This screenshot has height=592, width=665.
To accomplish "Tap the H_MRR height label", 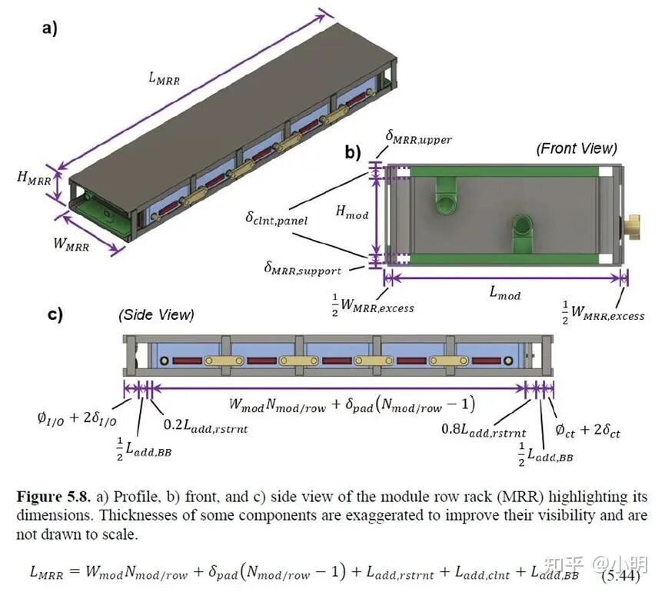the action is pos(34,178).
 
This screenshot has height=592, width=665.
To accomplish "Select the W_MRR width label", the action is pos(71,244).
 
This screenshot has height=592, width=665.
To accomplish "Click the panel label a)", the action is pos(49,29).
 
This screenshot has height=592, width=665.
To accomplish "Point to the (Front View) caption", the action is pos(577,148).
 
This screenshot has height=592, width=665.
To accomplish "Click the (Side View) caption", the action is pos(156,314).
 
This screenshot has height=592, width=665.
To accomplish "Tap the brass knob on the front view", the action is pos(630,228).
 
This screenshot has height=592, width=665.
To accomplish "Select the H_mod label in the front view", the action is pos(351,211).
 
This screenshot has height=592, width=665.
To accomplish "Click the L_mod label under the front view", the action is pos(504,293).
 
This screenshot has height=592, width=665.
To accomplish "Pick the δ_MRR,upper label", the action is pos(418,138).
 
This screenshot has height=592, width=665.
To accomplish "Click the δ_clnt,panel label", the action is pos(276,219).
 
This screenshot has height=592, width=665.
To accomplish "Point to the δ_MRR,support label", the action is pos(302,268).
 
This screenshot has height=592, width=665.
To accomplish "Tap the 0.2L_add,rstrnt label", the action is pos(205,426).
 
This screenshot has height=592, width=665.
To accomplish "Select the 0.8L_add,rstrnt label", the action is pos(484,430).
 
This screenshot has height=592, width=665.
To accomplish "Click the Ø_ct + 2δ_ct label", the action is pos(587,431).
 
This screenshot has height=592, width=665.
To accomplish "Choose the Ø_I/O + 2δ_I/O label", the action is pos(77,418).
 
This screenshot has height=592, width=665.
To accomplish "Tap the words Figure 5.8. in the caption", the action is pos(54,497).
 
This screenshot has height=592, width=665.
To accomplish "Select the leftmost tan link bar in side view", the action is pos(224,361).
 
